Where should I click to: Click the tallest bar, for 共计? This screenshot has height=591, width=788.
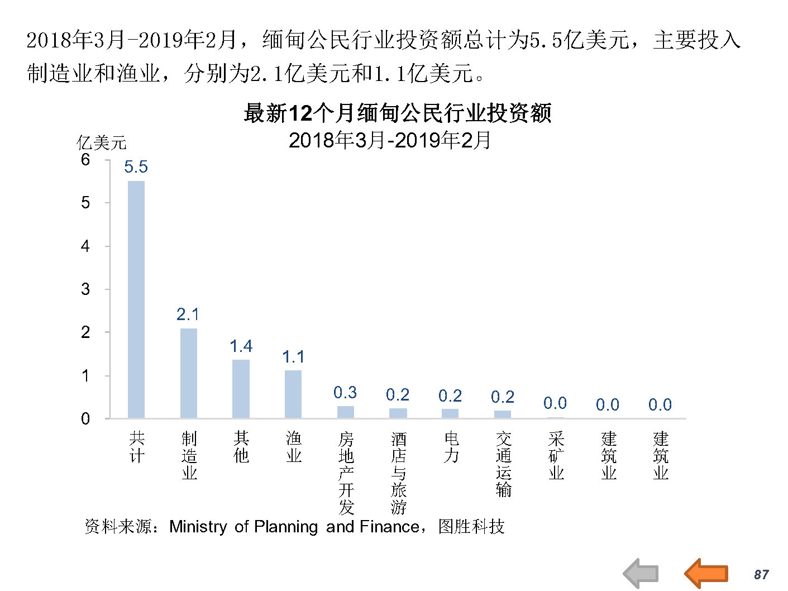coord(136,299)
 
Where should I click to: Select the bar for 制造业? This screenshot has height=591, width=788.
coord(189,373)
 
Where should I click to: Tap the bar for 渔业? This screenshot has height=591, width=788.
coord(293,394)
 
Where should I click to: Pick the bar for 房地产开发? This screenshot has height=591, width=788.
coord(346,412)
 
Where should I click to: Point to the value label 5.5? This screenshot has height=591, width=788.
coord(136,167)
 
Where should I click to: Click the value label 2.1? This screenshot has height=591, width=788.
coord(188,314)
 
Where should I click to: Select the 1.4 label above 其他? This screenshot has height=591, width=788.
coord(241,346)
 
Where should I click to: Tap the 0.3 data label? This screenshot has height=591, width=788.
coord(345,393)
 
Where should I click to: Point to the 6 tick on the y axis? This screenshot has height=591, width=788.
coord(85,160)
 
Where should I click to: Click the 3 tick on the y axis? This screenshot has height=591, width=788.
coord(85,289)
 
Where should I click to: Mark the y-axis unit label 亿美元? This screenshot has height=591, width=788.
coord(102,143)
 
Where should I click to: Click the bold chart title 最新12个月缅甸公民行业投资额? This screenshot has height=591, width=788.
coord(397,113)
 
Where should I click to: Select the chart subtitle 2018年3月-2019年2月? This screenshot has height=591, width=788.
coord(390,140)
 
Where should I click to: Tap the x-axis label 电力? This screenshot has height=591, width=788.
coord(451,447)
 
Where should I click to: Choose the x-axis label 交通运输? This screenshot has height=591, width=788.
coord(503,464)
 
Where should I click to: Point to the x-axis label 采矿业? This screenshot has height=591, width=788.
coord(556,456)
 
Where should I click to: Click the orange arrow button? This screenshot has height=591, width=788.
coord(706,573)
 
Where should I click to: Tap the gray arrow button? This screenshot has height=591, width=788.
coord(641,574)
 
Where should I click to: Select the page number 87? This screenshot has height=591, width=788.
coord(761,575)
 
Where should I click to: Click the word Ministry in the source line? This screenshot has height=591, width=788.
coord(198,527)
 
